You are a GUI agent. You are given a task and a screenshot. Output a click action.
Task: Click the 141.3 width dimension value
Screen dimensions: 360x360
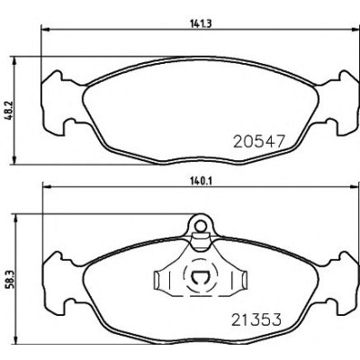201,23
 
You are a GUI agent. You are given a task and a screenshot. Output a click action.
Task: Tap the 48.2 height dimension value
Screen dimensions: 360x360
8,111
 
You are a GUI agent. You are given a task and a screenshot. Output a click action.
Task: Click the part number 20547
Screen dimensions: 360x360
258,141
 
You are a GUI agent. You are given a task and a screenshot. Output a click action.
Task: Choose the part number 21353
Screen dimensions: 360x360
256,319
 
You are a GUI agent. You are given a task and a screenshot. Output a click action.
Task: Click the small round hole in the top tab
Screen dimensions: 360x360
200,225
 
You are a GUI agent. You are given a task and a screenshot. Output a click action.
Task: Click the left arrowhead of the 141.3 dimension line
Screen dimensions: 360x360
44,30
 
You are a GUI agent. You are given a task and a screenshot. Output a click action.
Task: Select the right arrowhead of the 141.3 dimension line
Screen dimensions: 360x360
355,30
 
